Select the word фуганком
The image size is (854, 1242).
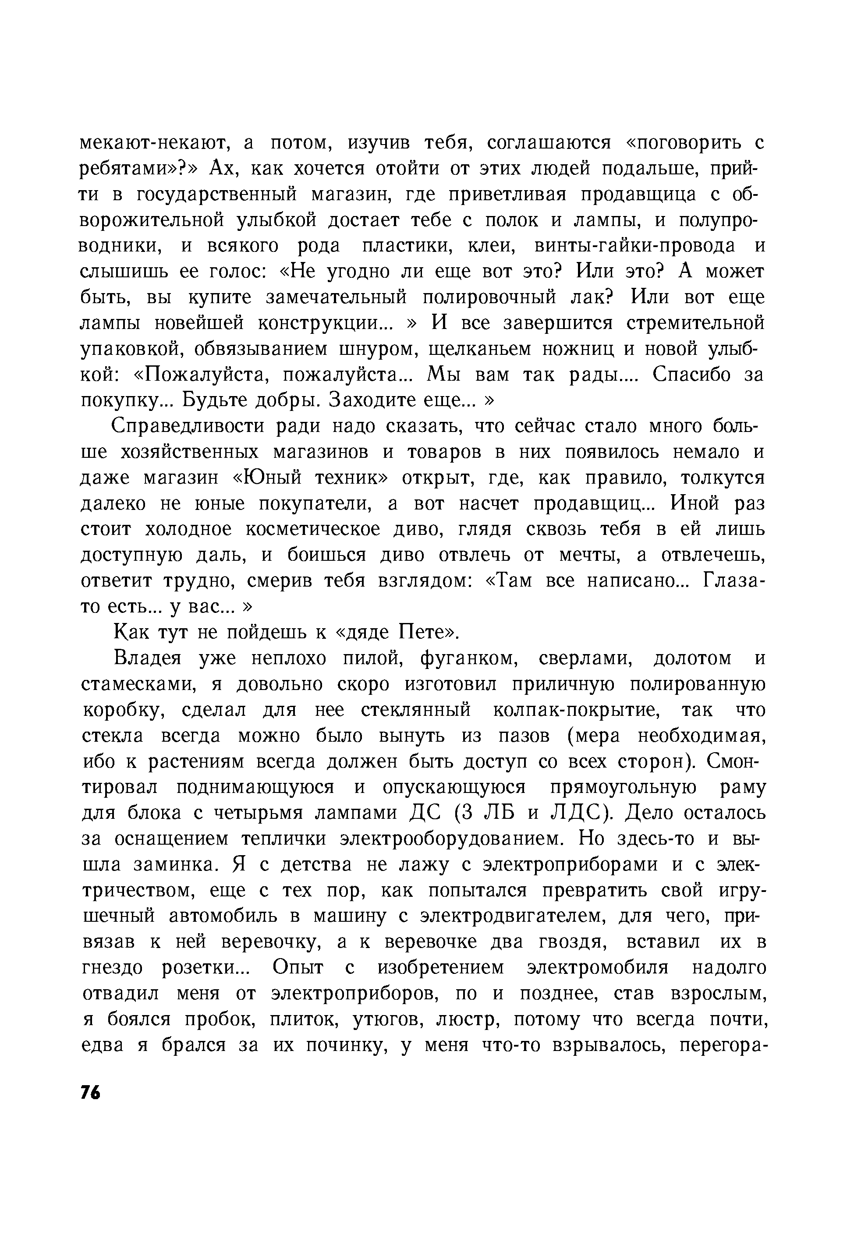[x=469, y=658]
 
